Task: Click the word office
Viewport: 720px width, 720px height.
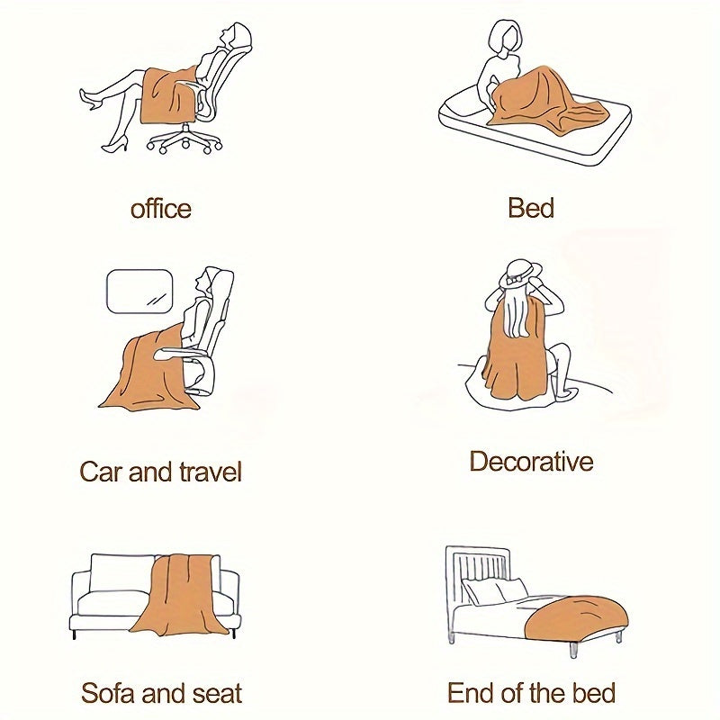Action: pyautogui.click(x=161, y=209)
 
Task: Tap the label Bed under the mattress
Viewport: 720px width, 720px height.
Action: pyautogui.click(x=531, y=208)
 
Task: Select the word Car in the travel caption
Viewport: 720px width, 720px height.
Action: pyautogui.click(x=101, y=472)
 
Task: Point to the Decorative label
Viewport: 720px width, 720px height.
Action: pyautogui.click(x=531, y=462)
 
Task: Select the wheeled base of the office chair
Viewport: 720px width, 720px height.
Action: pyautogui.click(x=184, y=139)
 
